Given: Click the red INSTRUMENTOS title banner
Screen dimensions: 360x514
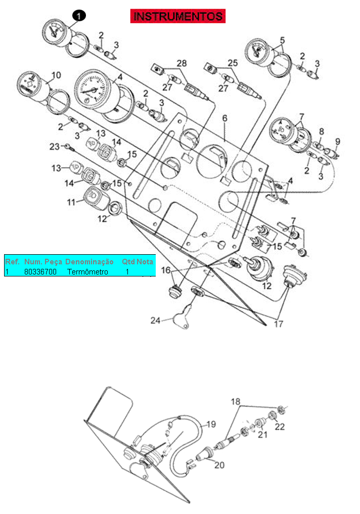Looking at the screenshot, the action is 177,16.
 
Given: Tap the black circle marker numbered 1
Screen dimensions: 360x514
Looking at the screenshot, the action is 79,15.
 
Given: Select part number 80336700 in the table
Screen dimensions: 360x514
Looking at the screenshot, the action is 40,272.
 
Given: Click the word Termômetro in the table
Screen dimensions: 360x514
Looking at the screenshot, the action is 87,272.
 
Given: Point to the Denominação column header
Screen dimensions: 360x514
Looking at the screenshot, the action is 89,262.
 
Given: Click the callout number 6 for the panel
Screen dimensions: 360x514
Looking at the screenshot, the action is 224,118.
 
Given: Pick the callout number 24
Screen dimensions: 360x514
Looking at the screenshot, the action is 155,320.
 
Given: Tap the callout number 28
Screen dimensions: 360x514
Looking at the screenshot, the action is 182,63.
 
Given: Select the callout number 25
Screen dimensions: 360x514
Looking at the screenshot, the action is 233,62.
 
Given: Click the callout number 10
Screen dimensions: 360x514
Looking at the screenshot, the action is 56,75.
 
